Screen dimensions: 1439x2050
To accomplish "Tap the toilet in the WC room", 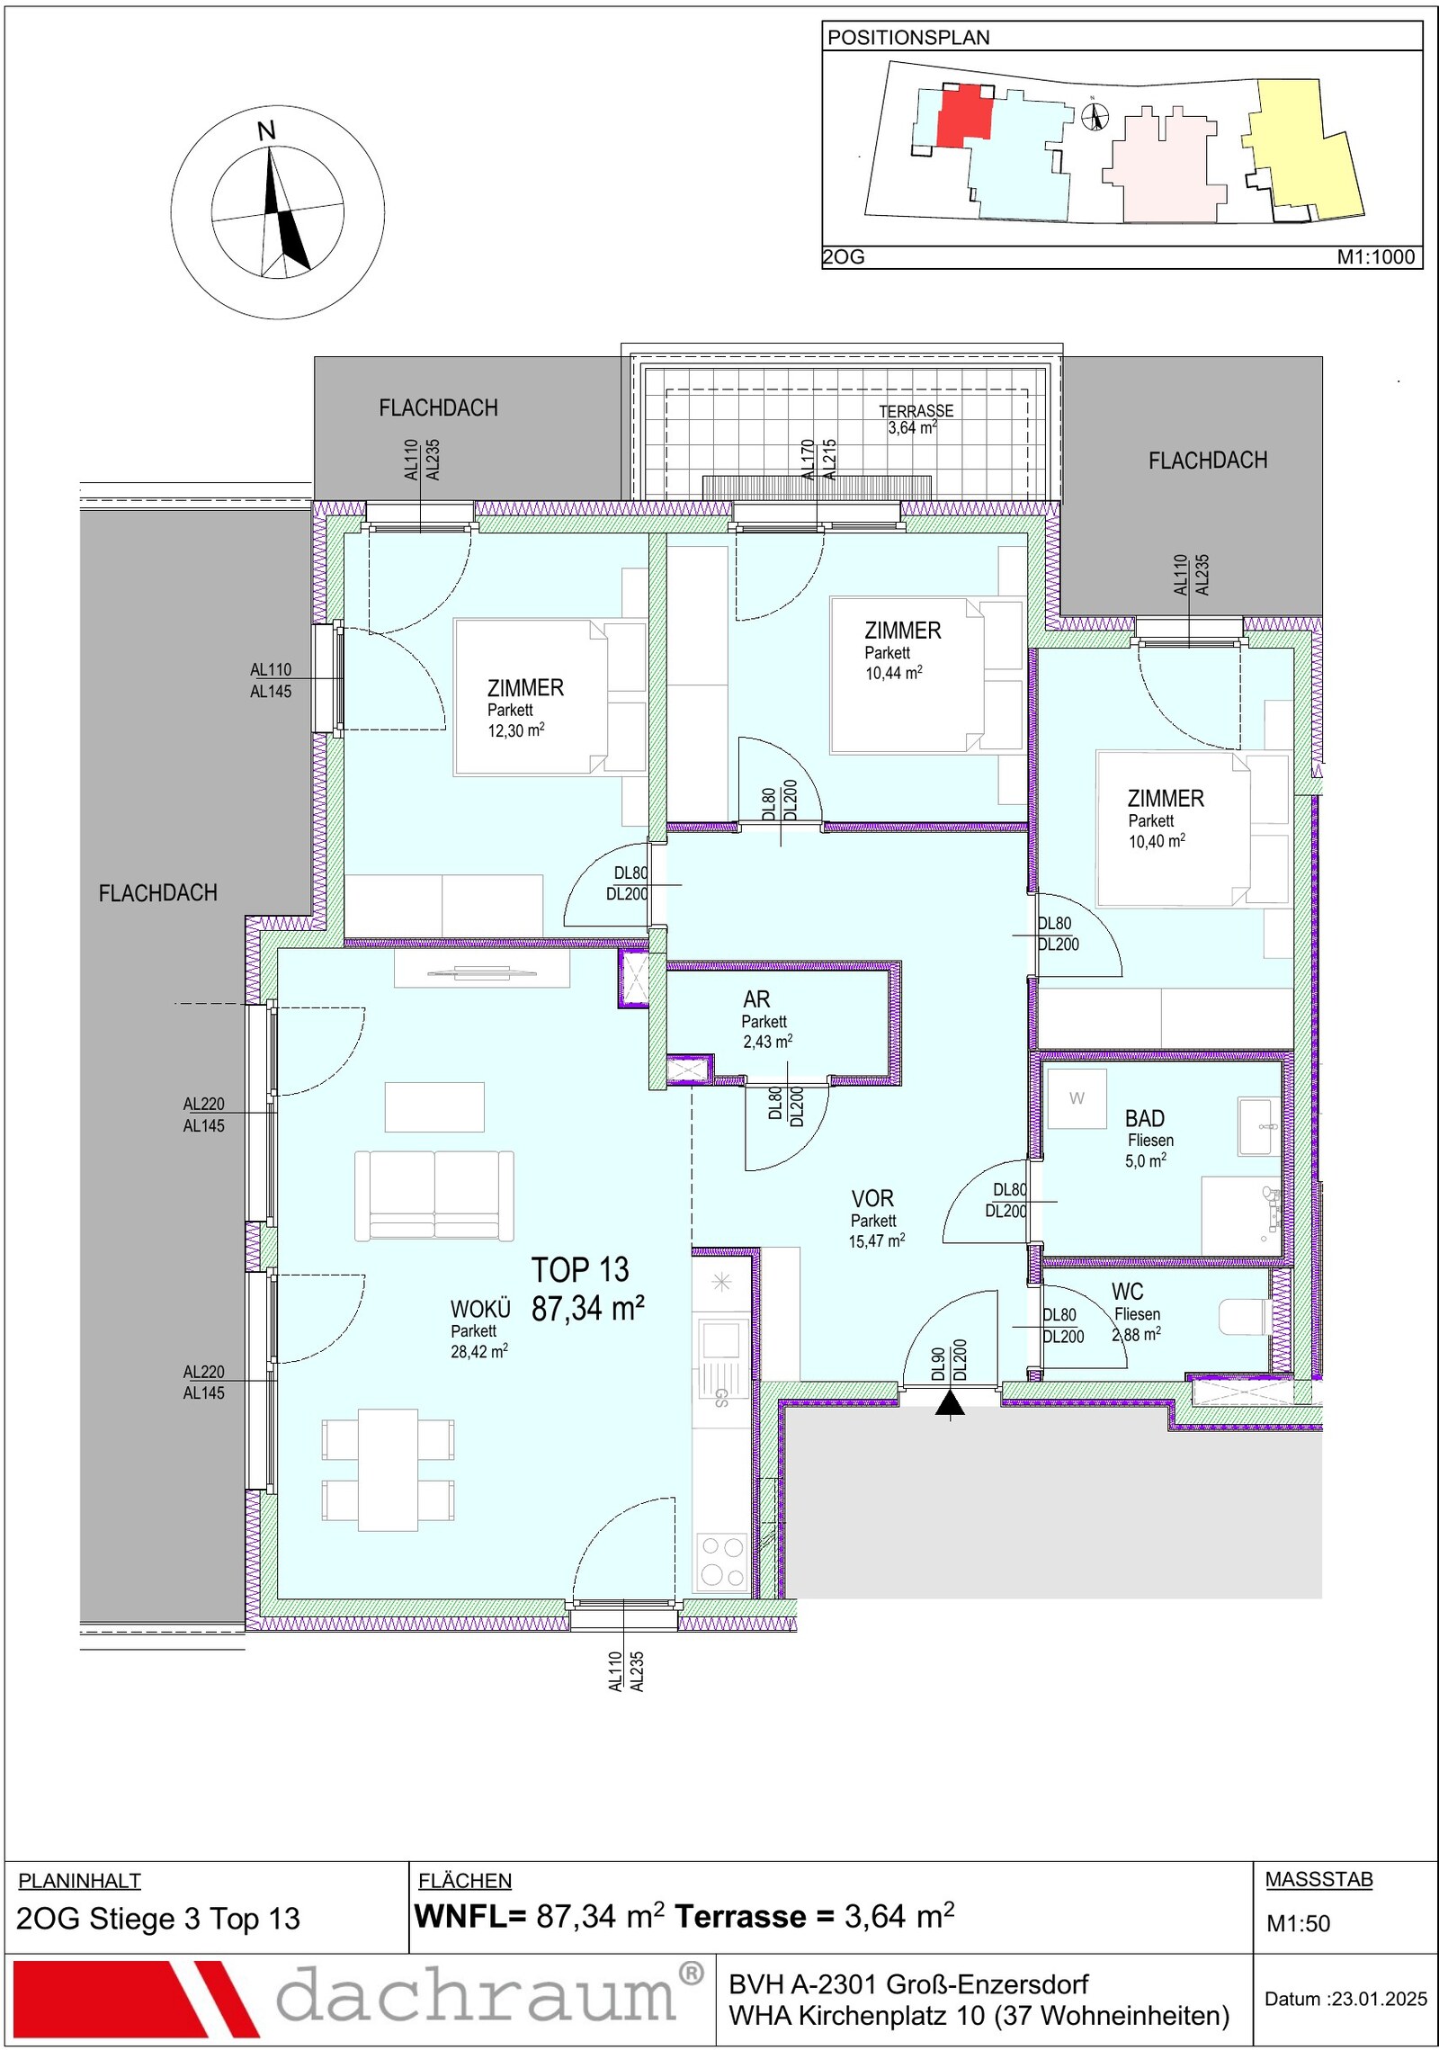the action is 1244,1317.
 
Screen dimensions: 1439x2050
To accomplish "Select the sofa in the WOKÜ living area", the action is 434,1195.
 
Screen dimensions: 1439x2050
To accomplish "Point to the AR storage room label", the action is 756,999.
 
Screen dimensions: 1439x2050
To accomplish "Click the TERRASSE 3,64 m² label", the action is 916,419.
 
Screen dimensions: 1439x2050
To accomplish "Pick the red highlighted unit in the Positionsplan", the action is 965,116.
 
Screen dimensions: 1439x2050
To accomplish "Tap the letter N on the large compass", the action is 266,131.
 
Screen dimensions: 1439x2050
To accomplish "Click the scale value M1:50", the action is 1298,1923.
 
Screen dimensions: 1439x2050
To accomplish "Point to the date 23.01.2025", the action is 1380,1999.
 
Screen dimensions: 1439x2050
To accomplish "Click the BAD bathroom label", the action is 1145,1118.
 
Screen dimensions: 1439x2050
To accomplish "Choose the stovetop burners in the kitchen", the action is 722,1561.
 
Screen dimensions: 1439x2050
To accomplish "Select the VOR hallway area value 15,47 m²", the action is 877,1241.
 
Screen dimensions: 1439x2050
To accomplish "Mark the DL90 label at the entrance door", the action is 938,1364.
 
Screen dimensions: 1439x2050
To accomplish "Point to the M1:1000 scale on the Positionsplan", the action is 1376,257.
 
